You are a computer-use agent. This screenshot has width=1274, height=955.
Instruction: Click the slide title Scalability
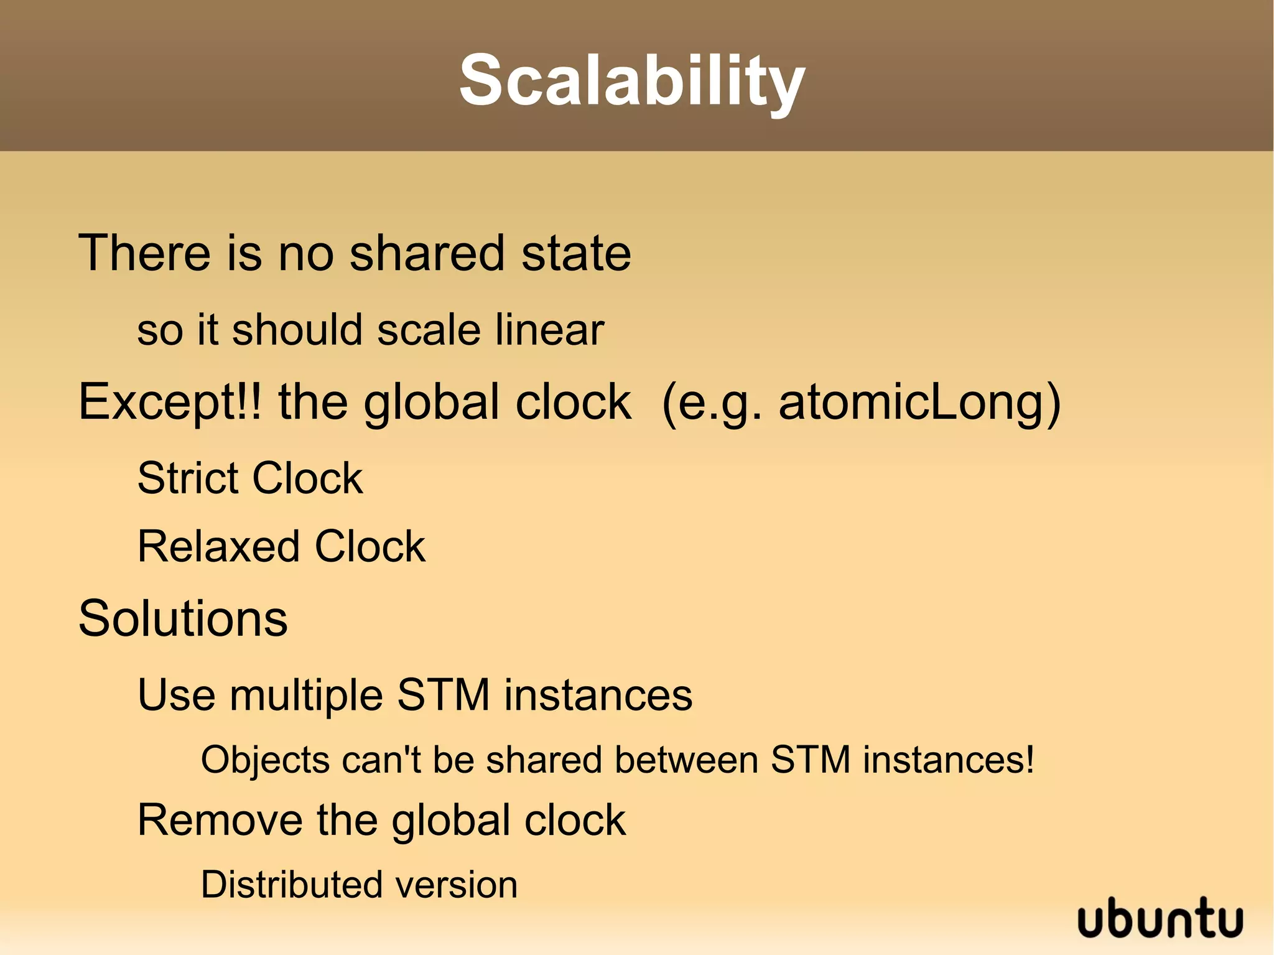click(x=632, y=81)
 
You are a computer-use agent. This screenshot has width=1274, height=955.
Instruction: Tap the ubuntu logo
click(x=1160, y=918)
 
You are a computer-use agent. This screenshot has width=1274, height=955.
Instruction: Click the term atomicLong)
click(x=919, y=403)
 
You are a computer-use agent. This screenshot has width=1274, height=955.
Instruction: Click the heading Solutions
click(x=183, y=618)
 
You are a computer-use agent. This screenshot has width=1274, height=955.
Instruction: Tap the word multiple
click(x=306, y=696)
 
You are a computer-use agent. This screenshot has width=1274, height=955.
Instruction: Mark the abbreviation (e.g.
click(x=711, y=403)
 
